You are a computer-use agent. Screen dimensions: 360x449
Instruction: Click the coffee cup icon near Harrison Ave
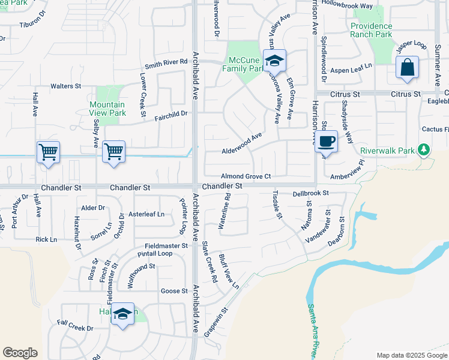point(326,142)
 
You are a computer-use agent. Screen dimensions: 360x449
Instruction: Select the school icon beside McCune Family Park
point(274,61)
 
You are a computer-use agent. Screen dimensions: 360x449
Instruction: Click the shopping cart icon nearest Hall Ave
point(48,151)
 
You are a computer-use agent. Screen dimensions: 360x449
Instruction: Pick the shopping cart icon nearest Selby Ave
point(113,151)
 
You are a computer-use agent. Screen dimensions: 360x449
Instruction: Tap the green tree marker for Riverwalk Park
point(426,149)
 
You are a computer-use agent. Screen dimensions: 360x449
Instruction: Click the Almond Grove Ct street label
point(247,176)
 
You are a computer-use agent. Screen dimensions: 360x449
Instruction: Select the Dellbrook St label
point(311,193)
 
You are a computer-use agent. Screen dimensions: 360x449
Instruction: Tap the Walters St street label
point(66,86)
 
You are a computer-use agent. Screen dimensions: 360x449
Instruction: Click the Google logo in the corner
point(20,352)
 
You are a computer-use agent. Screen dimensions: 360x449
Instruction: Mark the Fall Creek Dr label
point(76,329)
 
